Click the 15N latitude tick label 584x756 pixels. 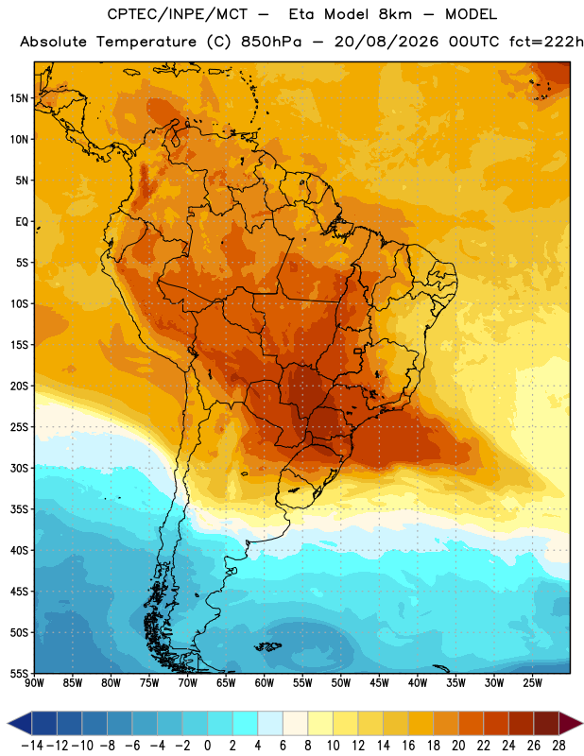(19, 98)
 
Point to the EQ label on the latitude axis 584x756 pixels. (22, 222)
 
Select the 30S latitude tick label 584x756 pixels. (19, 468)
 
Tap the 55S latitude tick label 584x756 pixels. (19, 673)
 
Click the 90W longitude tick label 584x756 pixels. (34, 683)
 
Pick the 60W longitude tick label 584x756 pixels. (265, 683)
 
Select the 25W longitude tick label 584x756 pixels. (532, 683)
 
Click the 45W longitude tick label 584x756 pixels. (379, 683)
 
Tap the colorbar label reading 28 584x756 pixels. (558, 746)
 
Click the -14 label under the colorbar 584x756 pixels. (32, 746)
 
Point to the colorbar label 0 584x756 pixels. (208, 746)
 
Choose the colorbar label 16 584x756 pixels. (408, 746)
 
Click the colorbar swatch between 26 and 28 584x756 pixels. (546, 723)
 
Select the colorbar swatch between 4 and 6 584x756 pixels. (270, 723)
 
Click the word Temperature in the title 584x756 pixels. (146, 42)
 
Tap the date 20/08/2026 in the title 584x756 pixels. (386, 42)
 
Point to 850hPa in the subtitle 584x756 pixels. (271, 42)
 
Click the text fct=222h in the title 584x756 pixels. (546, 42)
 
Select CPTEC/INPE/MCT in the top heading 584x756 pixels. (178, 14)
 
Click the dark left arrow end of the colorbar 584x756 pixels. (20, 723)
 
